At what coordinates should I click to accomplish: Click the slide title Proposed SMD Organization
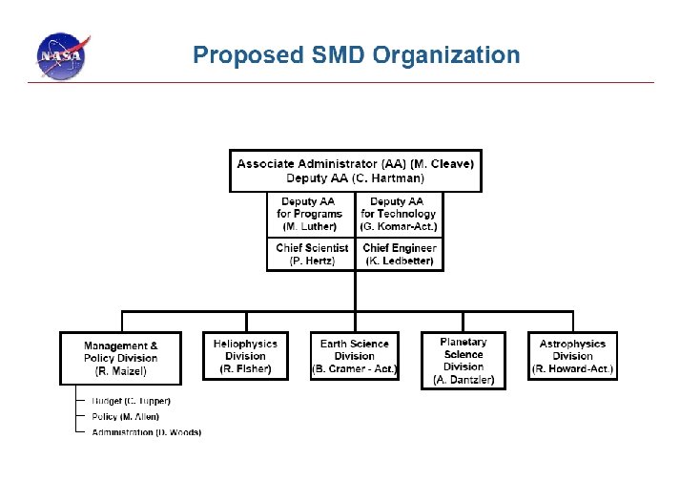pos(356,54)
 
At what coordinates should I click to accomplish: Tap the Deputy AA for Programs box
pos(310,215)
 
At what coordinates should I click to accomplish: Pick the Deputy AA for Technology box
pos(399,215)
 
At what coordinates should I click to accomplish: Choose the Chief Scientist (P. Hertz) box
pos(311,254)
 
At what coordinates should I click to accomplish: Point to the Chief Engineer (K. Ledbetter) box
pos(400,254)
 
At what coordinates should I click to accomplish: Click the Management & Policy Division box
pos(120,358)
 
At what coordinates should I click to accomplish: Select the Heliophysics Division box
pos(245,356)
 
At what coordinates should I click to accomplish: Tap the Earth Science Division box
pos(354,356)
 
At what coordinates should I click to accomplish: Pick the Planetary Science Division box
pos(464,361)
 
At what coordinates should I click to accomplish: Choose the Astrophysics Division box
pos(572,356)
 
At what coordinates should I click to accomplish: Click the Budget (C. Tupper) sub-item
pos(131,400)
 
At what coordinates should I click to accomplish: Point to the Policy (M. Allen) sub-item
pos(125,416)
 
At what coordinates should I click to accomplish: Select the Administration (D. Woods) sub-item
pos(146,432)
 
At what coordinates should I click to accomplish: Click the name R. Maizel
pos(120,370)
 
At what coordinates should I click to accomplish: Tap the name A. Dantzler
pos(464,380)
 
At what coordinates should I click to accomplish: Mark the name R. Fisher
pos(245,368)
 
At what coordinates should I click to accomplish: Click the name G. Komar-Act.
pos(399,226)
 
